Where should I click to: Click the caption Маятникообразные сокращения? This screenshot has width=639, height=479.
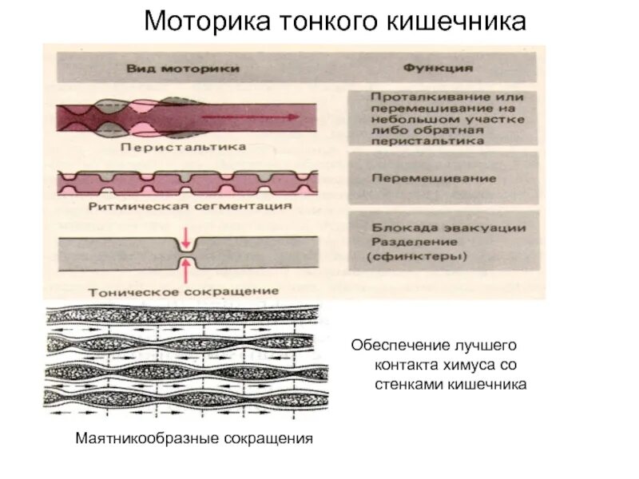(x=192, y=439)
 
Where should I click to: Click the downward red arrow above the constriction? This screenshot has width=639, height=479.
(x=186, y=237)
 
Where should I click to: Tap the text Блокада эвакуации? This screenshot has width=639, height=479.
(x=447, y=228)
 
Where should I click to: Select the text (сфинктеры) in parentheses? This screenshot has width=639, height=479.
(x=417, y=257)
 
